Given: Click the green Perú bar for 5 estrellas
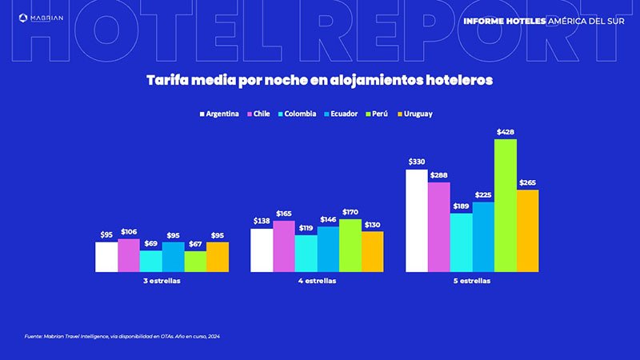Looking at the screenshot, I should (x=506, y=206).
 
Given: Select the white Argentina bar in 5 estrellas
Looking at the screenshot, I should (x=417, y=221).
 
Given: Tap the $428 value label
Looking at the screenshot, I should (x=506, y=131).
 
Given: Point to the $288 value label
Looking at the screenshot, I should (x=438, y=174).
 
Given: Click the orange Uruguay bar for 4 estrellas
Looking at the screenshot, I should (x=372, y=252).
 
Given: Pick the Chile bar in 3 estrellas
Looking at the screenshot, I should (x=128, y=256).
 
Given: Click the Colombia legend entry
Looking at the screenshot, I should (x=296, y=114).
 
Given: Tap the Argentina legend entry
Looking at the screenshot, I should (x=218, y=114).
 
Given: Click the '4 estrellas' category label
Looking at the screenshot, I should (x=317, y=282).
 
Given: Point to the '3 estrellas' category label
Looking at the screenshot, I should (x=162, y=282).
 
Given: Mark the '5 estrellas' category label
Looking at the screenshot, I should (x=472, y=282).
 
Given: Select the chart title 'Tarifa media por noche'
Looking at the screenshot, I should (x=319, y=80).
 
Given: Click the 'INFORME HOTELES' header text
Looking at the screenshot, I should (x=504, y=20).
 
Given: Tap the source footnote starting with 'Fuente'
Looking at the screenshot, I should (x=122, y=336).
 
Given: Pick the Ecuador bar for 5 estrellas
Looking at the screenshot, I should (x=483, y=237).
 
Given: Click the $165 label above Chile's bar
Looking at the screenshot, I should (x=284, y=214).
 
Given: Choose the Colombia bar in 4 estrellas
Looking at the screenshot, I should (x=306, y=254).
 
